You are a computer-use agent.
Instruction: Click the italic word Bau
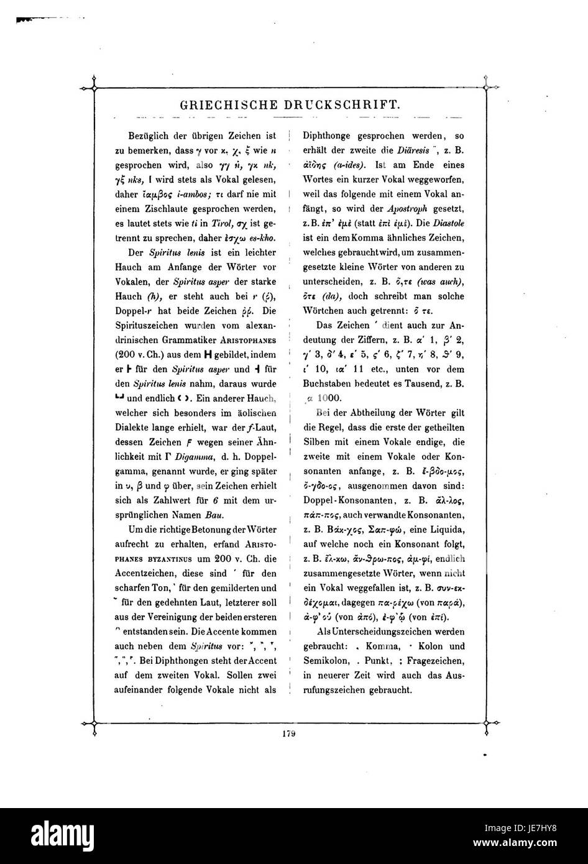click(213, 515)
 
